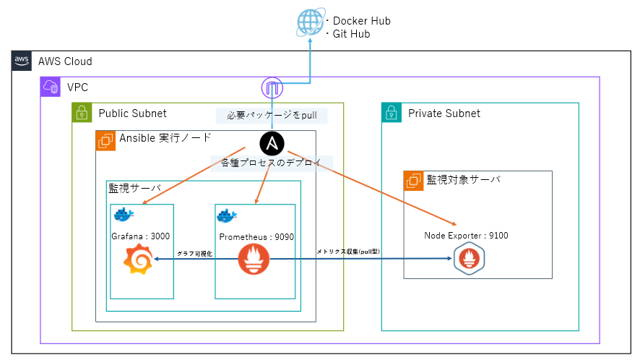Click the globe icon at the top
[x=311, y=24]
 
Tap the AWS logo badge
[x=22, y=61]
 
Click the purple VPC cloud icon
[x=51, y=87]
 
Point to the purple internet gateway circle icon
[x=272, y=88]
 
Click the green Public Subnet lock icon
[x=82, y=113]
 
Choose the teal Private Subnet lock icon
[x=392, y=113]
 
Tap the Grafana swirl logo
[x=139, y=260]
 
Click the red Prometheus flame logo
[x=254, y=259]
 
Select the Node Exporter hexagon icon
[x=469, y=259]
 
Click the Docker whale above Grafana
[x=124, y=214]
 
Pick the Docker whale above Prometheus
[x=229, y=215]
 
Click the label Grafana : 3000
[x=142, y=236]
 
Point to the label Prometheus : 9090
[x=256, y=236]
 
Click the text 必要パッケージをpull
[x=272, y=115]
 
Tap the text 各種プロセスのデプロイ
[x=271, y=162]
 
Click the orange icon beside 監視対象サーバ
[x=414, y=181]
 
